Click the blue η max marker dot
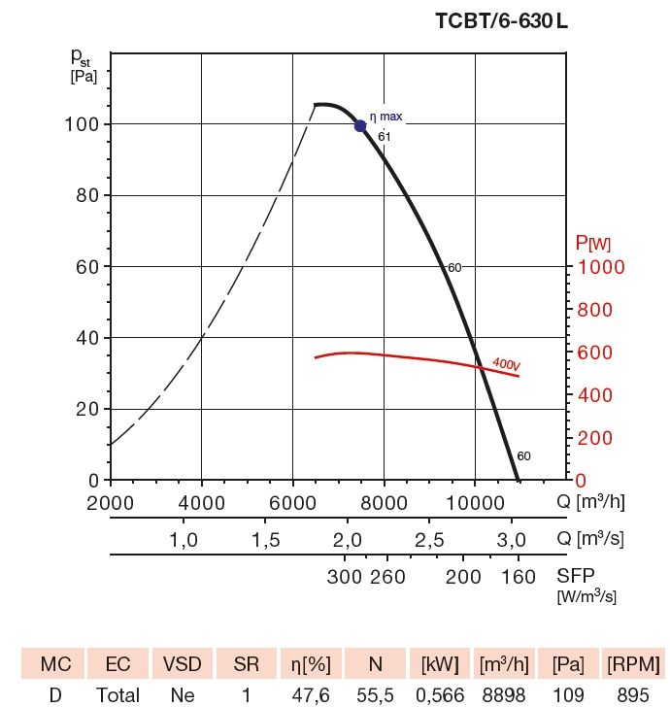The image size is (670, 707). click(x=360, y=125)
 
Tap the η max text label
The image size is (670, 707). click(x=385, y=117)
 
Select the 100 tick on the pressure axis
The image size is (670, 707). click(x=86, y=124)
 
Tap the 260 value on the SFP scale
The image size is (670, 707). click(x=388, y=577)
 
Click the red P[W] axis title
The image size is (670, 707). click(x=592, y=243)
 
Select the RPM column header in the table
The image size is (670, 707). click(x=631, y=665)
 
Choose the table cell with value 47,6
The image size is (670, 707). click(x=312, y=694)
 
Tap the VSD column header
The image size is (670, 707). click(x=182, y=665)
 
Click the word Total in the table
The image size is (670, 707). click(x=117, y=694)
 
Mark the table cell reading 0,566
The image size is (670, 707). click(x=438, y=694)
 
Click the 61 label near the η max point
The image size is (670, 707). click(x=385, y=136)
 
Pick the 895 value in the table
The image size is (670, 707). click(x=631, y=694)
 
